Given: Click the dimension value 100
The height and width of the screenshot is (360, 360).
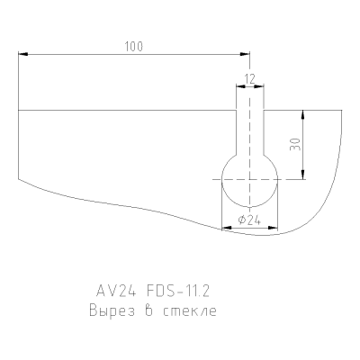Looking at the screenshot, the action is pyautogui.click(x=134, y=47).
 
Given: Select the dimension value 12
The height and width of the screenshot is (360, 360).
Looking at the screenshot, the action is pyautogui.click(x=249, y=79).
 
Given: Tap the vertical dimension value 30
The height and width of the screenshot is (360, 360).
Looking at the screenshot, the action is pyautogui.click(x=295, y=144).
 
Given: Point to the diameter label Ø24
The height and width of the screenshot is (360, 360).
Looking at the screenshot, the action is pyautogui.click(x=249, y=220).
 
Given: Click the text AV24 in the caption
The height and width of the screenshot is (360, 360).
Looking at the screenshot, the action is pyautogui.click(x=116, y=291).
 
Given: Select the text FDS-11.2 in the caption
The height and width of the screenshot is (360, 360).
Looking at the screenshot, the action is pyautogui.click(x=178, y=291).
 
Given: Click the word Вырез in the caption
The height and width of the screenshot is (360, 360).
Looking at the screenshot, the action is pyautogui.click(x=112, y=310).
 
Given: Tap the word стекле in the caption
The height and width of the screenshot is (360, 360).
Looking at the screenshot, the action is pyautogui.click(x=190, y=311).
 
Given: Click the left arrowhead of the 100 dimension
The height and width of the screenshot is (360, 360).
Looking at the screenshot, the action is pyautogui.click(x=23, y=54).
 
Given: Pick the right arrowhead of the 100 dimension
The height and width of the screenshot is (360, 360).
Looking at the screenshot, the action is pyautogui.click(x=245, y=54).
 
